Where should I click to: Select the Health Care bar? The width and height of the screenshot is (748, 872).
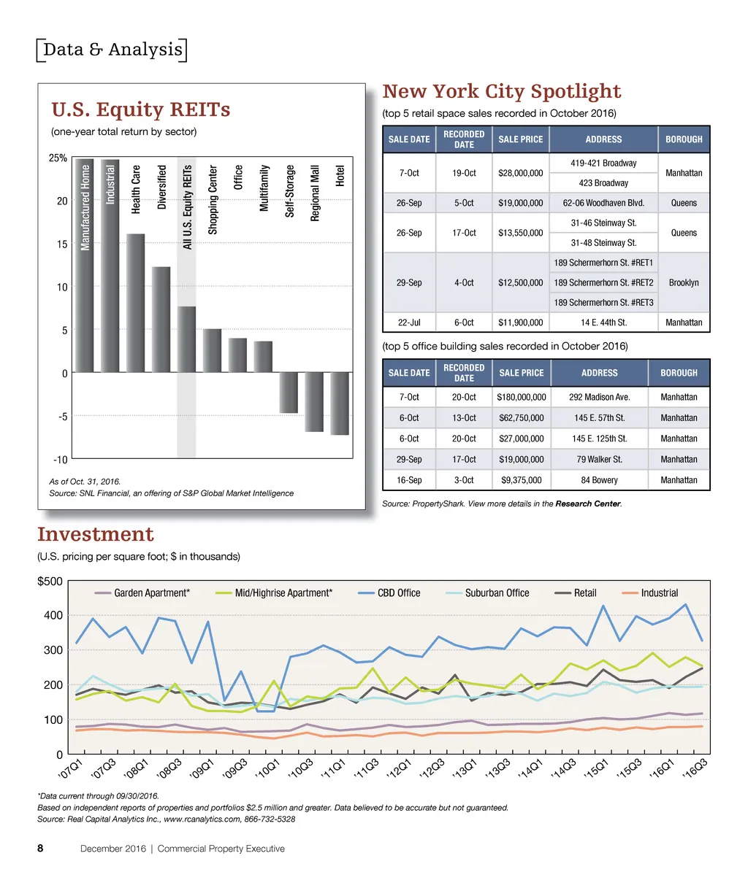pyautogui.click(x=135, y=303)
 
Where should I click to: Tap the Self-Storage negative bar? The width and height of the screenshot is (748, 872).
pyautogui.click(x=289, y=393)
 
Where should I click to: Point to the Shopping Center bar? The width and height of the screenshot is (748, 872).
pyautogui.click(x=212, y=350)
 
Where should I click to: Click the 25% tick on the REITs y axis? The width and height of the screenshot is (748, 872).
pyautogui.click(x=58, y=158)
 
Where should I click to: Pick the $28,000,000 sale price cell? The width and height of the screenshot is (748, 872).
pyautogui.click(x=520, y=173)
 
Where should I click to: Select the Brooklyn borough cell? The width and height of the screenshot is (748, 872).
pyautogui.click(x=683, y=282)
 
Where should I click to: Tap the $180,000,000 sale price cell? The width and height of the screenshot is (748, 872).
pyautogui.click(x=521, y=398)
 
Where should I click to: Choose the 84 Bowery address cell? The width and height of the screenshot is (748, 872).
pyautogui.click(x=599, y=480)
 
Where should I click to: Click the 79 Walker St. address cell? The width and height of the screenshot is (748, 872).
pyautogui.click(x=599, y=460)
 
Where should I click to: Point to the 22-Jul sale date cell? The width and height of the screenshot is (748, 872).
pyautogui.click(x=408, y=323)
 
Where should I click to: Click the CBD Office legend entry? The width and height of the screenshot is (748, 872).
pyautogui.click(x=397, y=593)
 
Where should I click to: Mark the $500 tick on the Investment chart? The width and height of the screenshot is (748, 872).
pyautogui.click(x=50, y=581)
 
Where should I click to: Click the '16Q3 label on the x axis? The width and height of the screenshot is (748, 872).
pyautogui.click(x=698, y=769)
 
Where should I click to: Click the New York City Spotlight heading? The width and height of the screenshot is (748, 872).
pyautogui.click(x=502, y=91)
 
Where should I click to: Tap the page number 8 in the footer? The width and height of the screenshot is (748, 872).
pyautogui.click(x=41, y=849)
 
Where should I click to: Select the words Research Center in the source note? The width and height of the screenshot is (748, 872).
pyautogui.click(x=587, y=503)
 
